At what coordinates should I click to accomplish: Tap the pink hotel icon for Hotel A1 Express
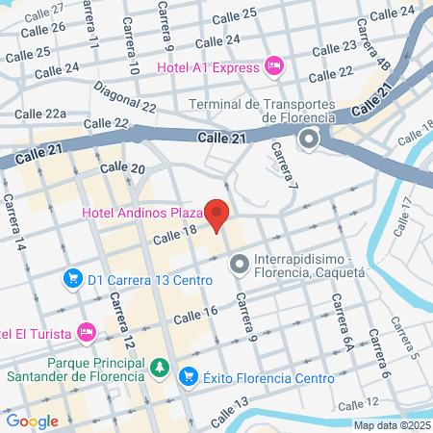coord(274,66)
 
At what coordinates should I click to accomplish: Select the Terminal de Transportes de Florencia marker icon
coord(310,141)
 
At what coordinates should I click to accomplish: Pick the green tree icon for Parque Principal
coord(160,368)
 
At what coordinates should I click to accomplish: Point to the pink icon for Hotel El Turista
coord(88,333)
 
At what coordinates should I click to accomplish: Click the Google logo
coord(32,420)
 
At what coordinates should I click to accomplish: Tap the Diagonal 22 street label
coord(125,98)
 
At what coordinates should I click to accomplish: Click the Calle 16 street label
coord(197,315)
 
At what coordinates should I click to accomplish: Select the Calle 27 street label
coord(45,10)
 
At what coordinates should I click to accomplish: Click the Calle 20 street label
coord(126,169)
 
